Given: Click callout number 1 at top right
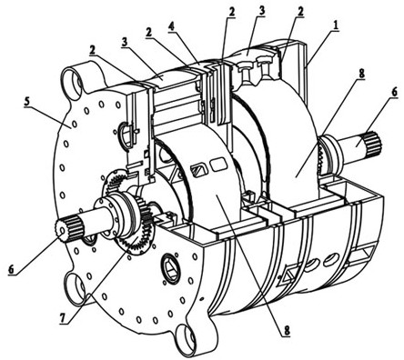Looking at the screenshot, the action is pos(335,26).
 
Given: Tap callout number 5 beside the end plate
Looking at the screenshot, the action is pos(26,102).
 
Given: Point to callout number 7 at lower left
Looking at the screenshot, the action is pos(63,317).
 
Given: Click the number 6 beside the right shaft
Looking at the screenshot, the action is pos(394,93).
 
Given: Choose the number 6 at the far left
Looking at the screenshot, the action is pos(11,269).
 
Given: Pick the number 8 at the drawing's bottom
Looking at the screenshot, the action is pos(287,331).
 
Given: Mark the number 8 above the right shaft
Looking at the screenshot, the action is pos(361,75).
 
